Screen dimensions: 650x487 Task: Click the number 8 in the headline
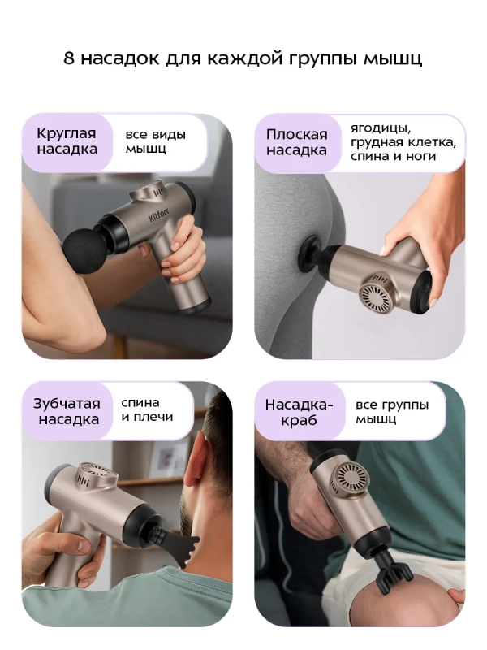pyautogui.click(x=70, y=59)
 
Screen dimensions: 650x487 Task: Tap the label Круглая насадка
pyautogui.click(x=67, y=141)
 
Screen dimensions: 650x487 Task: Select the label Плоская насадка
pyautogui.click(x=297, y=142)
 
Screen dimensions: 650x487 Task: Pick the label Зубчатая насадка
pyautogui.click(x=67, y=411)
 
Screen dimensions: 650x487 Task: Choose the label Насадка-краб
pyautogui.click(x=299, y=413)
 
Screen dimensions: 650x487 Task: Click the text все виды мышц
pyautogui.click(x=155, y=141)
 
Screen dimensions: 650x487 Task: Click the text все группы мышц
pyautogui.click(x=392, y=412)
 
